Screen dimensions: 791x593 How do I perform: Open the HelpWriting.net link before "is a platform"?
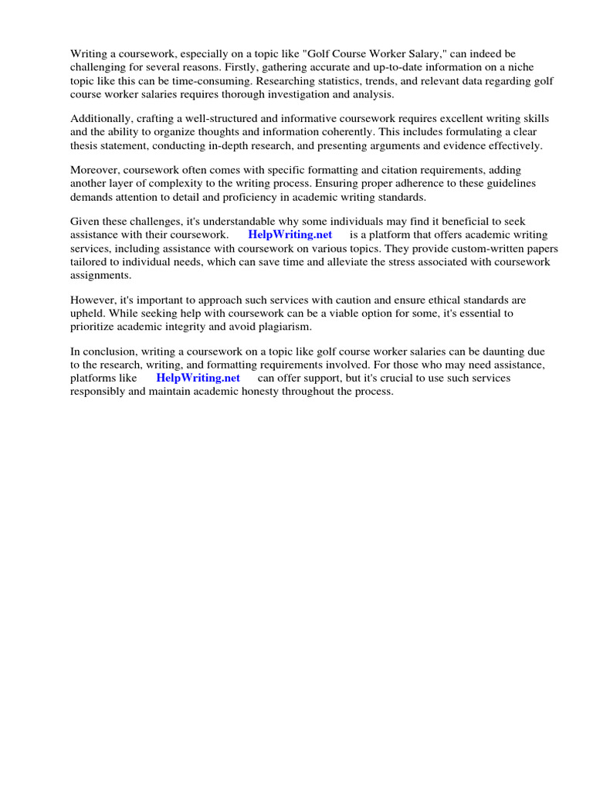[x=290, y=234]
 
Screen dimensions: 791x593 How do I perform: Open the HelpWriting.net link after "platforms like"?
[x=198, y=378]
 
